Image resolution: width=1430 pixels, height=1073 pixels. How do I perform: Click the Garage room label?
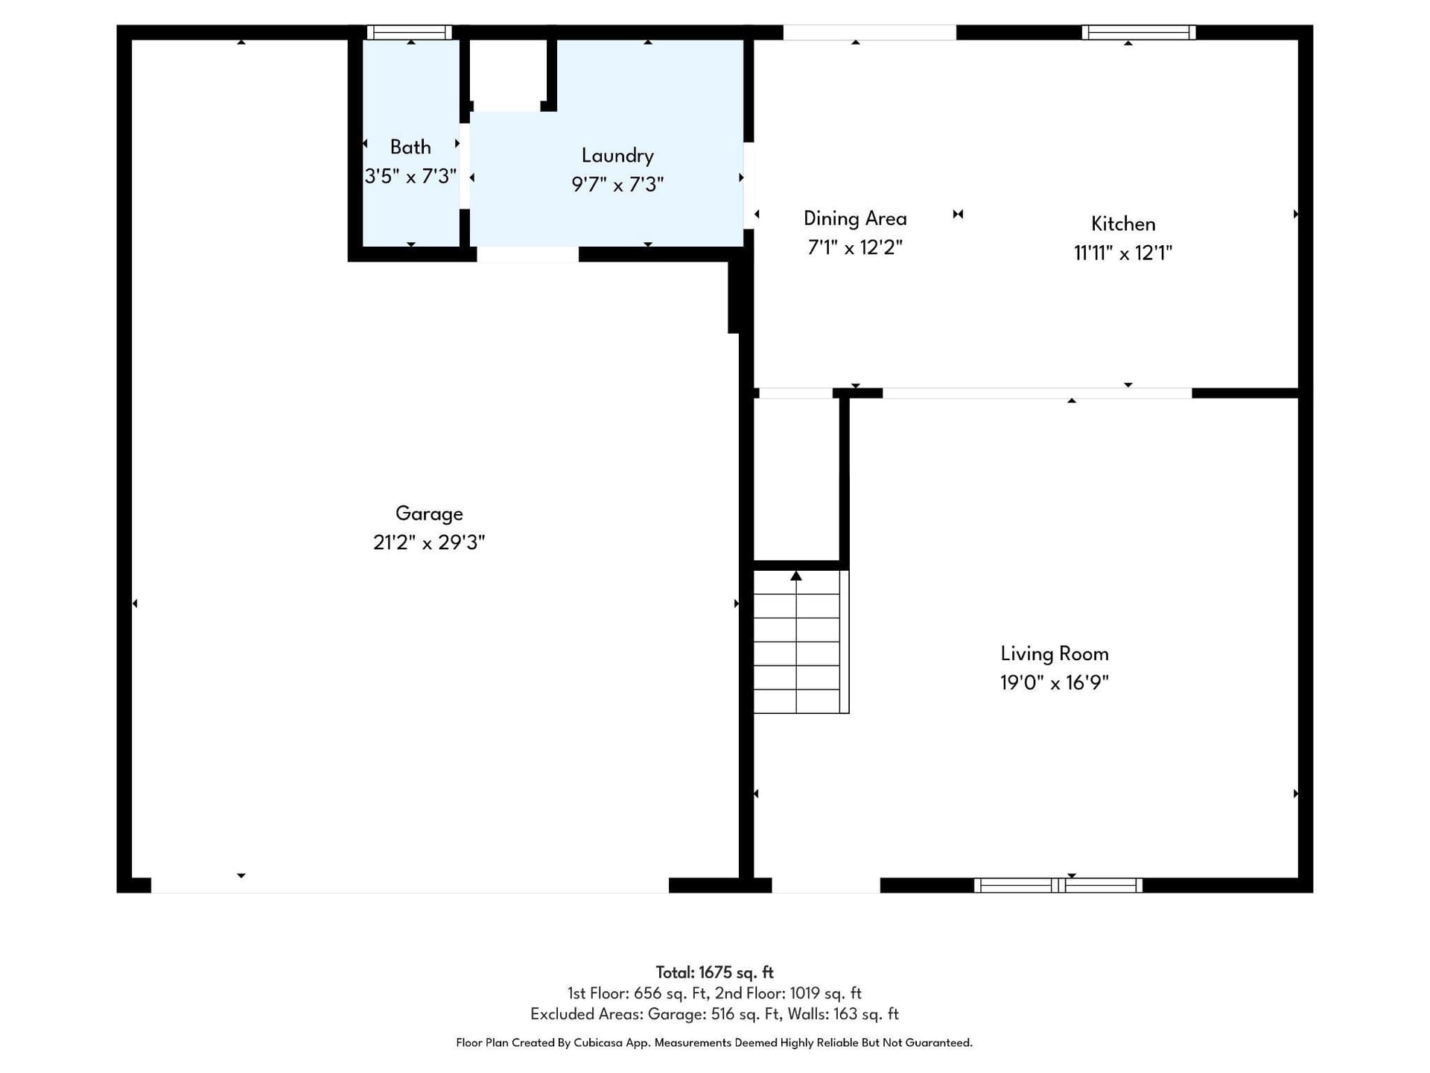pos(429,513)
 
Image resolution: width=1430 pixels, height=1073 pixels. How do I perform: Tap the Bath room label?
pos(410,147)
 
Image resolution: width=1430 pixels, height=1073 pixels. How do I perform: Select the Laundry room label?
pos(617,155)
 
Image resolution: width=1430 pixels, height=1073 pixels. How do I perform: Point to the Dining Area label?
pos(855,218)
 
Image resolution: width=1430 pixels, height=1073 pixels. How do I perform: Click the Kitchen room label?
pos(1123,224)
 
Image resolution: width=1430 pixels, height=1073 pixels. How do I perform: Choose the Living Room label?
pos(1055,653)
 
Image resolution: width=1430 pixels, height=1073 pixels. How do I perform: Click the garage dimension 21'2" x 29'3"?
pos(429,542)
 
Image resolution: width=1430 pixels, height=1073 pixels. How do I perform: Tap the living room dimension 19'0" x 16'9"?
pos(1055,683)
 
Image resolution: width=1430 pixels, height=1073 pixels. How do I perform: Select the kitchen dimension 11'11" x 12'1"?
pos(1123,253)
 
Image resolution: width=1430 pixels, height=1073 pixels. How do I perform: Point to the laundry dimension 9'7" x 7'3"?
pos(617,184)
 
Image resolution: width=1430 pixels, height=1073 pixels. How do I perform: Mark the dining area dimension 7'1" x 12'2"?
pos(855,247)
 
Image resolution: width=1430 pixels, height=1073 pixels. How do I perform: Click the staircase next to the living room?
pos(801,642)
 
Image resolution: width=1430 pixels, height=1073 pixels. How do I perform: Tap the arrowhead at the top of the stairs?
pos(796,575)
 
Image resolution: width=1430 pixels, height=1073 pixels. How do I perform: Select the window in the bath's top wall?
pos(410,32)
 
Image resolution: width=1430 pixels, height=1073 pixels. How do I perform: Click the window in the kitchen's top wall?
pos(1138,32)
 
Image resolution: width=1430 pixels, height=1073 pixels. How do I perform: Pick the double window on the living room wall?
pos(1058,885)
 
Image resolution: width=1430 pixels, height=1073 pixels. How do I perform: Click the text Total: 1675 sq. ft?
pos(714,972)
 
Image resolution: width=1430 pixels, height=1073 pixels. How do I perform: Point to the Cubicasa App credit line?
pos(714,1042)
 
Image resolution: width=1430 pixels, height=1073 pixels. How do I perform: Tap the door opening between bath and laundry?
pos(465,166)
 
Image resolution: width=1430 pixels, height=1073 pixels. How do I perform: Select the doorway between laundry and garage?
pos(527,254)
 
